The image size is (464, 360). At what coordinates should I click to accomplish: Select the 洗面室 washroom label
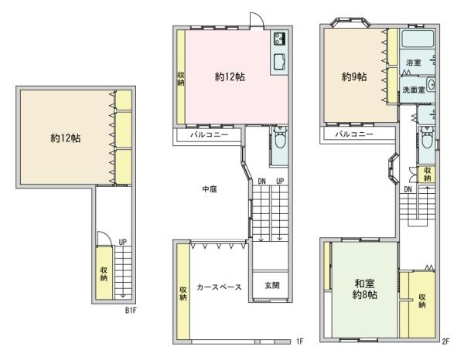(x=411, y=90)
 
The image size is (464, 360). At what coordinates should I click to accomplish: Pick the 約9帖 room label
(x=355, y=76)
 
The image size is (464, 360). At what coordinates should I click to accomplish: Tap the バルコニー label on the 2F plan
(x=353, y=135)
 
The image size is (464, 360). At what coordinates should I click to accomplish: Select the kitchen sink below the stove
(x=279, y=62)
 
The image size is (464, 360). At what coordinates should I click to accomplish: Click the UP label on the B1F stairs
(x=123, y=242)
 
